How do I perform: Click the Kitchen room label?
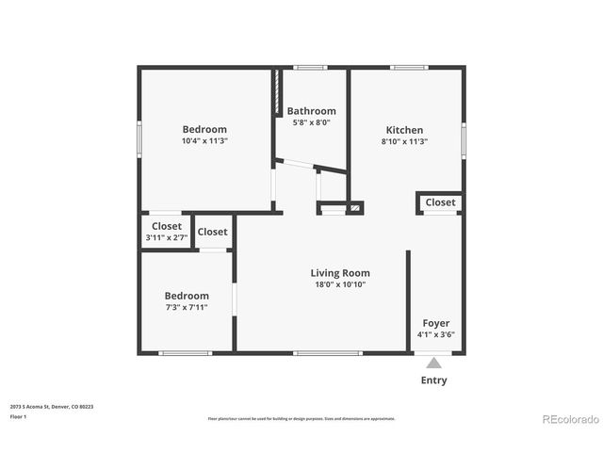coord(404,130)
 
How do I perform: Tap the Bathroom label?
coord(311,111)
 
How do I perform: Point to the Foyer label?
coord(435,323)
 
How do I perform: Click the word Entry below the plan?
coord(433,380)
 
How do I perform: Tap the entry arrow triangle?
coord(433,362)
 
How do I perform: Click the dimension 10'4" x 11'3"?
coord(204,141)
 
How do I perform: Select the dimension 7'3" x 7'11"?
coord(186,307)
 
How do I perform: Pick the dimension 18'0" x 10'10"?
coord(339,284)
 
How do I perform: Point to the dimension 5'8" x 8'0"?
coord(311,122)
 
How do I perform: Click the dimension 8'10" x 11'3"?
coord(404,141)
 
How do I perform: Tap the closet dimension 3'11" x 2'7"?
coord(167,238)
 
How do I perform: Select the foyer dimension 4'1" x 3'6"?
coord(435,334)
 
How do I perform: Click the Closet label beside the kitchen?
coord(440,202)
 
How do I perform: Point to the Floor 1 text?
coord(19,416)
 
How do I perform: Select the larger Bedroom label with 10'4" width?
coord(204,129)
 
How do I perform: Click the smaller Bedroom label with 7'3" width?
coord(186,296)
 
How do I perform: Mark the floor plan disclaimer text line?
coord(301,419)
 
